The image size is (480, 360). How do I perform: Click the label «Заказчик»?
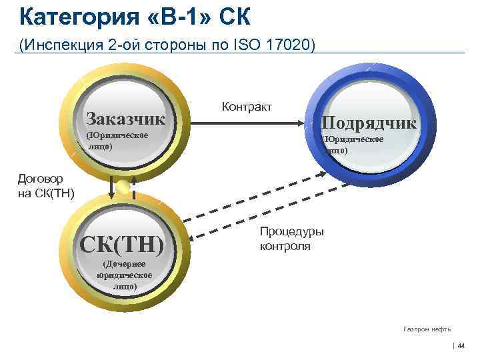[125, 119]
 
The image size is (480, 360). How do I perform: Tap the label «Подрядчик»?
[369, 123]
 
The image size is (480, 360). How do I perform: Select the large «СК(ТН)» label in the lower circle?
[121, 244]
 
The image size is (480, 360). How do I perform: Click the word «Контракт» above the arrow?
[247, 106]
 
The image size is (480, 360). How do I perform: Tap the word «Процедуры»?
[291, 232]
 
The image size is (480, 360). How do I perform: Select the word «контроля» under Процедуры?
[284, 246]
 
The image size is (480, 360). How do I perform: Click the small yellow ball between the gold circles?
[123, 187]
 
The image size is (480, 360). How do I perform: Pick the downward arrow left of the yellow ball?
[111, 187]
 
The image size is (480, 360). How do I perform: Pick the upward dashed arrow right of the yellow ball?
[134, 187]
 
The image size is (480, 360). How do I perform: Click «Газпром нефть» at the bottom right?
[427, 329]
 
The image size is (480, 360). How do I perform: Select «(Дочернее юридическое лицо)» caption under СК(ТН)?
[124, 275]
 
